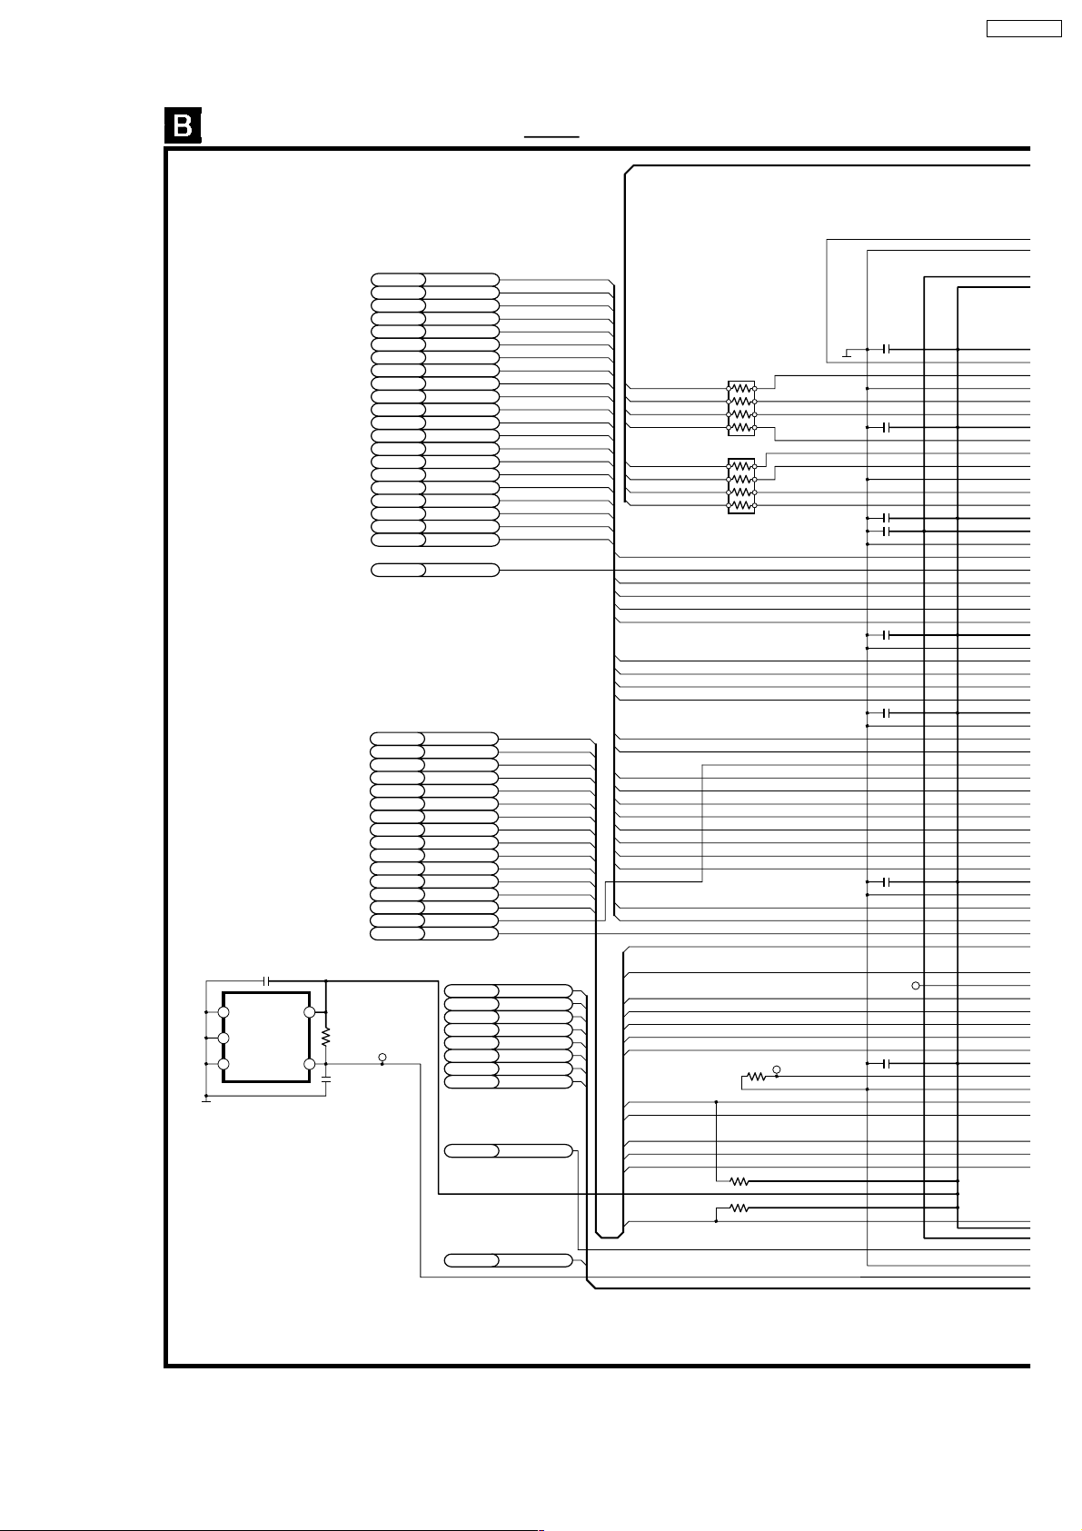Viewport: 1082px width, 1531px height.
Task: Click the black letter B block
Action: coord(183,125)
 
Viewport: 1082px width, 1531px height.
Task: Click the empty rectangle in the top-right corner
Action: coord(1024,28)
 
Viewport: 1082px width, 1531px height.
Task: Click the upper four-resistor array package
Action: coord(741,408)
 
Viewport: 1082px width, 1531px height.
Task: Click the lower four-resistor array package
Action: coord(741,486)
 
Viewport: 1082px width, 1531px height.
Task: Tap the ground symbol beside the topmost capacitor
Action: coord(847,353)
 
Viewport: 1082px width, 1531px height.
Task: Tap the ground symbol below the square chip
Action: coord(206,1099)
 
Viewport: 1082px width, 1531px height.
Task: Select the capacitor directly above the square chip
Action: coord(266,981)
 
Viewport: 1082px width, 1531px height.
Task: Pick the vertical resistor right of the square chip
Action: coord(326,1038)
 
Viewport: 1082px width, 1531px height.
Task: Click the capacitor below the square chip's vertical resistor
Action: coord(326,1080)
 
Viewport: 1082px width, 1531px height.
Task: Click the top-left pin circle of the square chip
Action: coord(223,1012)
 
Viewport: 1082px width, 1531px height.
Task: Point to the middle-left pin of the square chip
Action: coord(223,1039)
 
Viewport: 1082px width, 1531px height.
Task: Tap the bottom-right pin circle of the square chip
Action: coord(310,1064)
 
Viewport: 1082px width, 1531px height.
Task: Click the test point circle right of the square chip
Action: coord(382,1058)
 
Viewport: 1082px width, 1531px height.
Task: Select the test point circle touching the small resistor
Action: coord(777,1069)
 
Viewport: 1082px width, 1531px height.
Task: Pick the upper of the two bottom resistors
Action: coord(740,1181)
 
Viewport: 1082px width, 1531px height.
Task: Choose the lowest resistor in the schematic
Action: coord(740,1208)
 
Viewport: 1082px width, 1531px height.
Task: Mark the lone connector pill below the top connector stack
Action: coord(435,570)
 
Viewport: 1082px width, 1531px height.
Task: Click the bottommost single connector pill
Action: coord(509,1260)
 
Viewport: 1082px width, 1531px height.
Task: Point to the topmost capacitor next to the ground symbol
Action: coord(887,349)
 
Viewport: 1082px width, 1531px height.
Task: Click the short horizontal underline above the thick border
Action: coord(551,136)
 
